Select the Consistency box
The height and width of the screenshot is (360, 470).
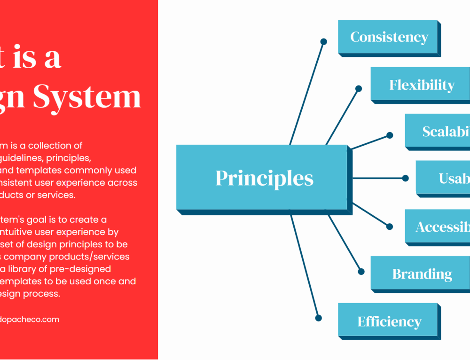tap(389, 37)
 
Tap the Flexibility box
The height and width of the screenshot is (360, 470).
tap(421, 85)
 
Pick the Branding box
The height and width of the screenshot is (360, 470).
tap(422, 274)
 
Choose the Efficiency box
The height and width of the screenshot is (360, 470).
tap(389, 321)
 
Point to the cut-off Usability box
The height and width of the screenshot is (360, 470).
tap(443, 178)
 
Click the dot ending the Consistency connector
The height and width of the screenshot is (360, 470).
tap(323, 42)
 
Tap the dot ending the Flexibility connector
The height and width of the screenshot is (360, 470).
tap(359, 88)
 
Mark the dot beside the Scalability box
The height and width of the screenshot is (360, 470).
tap(390, 135)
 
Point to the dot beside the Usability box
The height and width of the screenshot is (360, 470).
tap(406, 178)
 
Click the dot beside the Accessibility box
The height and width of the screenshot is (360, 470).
tap(390, 227)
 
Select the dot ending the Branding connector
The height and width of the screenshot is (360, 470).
tap(361, 271)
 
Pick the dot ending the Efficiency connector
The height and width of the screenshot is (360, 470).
tap(318, 318)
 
